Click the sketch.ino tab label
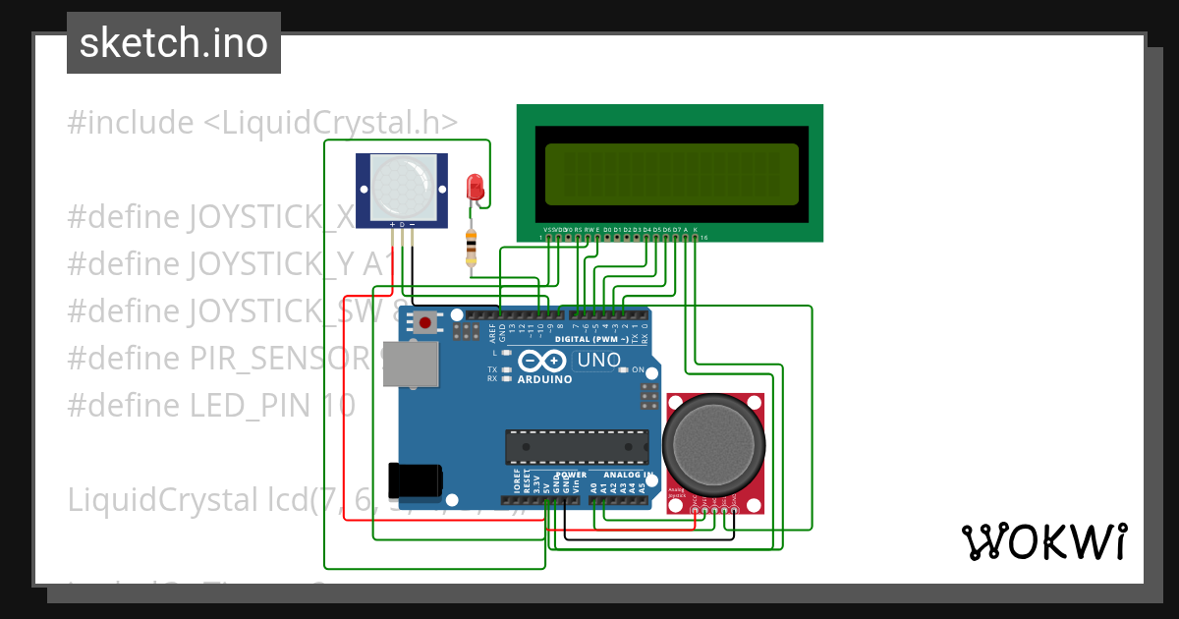click(173, 43)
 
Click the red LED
click(475, 187)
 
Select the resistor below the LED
click(473, 248)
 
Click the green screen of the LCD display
click(671, 174)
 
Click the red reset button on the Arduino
click(425, 322)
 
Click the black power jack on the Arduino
click(415, 480)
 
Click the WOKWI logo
click(1042, 541)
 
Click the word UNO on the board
click(598, 360)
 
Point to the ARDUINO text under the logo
click(543, 379)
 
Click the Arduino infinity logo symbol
click(543, 361)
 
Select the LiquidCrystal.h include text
click(262, 123)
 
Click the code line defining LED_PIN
click(211, 406)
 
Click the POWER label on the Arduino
click(570, 475)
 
